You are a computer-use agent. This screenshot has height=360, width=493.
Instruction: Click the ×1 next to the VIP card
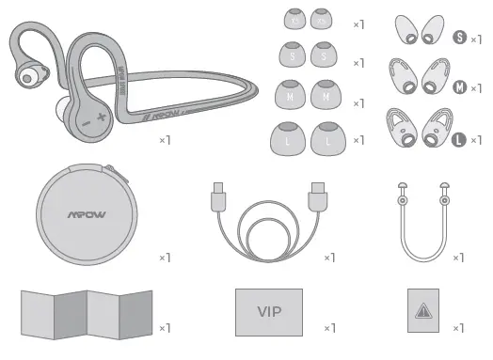point(329,328)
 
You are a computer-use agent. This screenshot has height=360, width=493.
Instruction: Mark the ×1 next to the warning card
point(458,328)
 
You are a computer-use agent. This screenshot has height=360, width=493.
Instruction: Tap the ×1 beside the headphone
point(163,140)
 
